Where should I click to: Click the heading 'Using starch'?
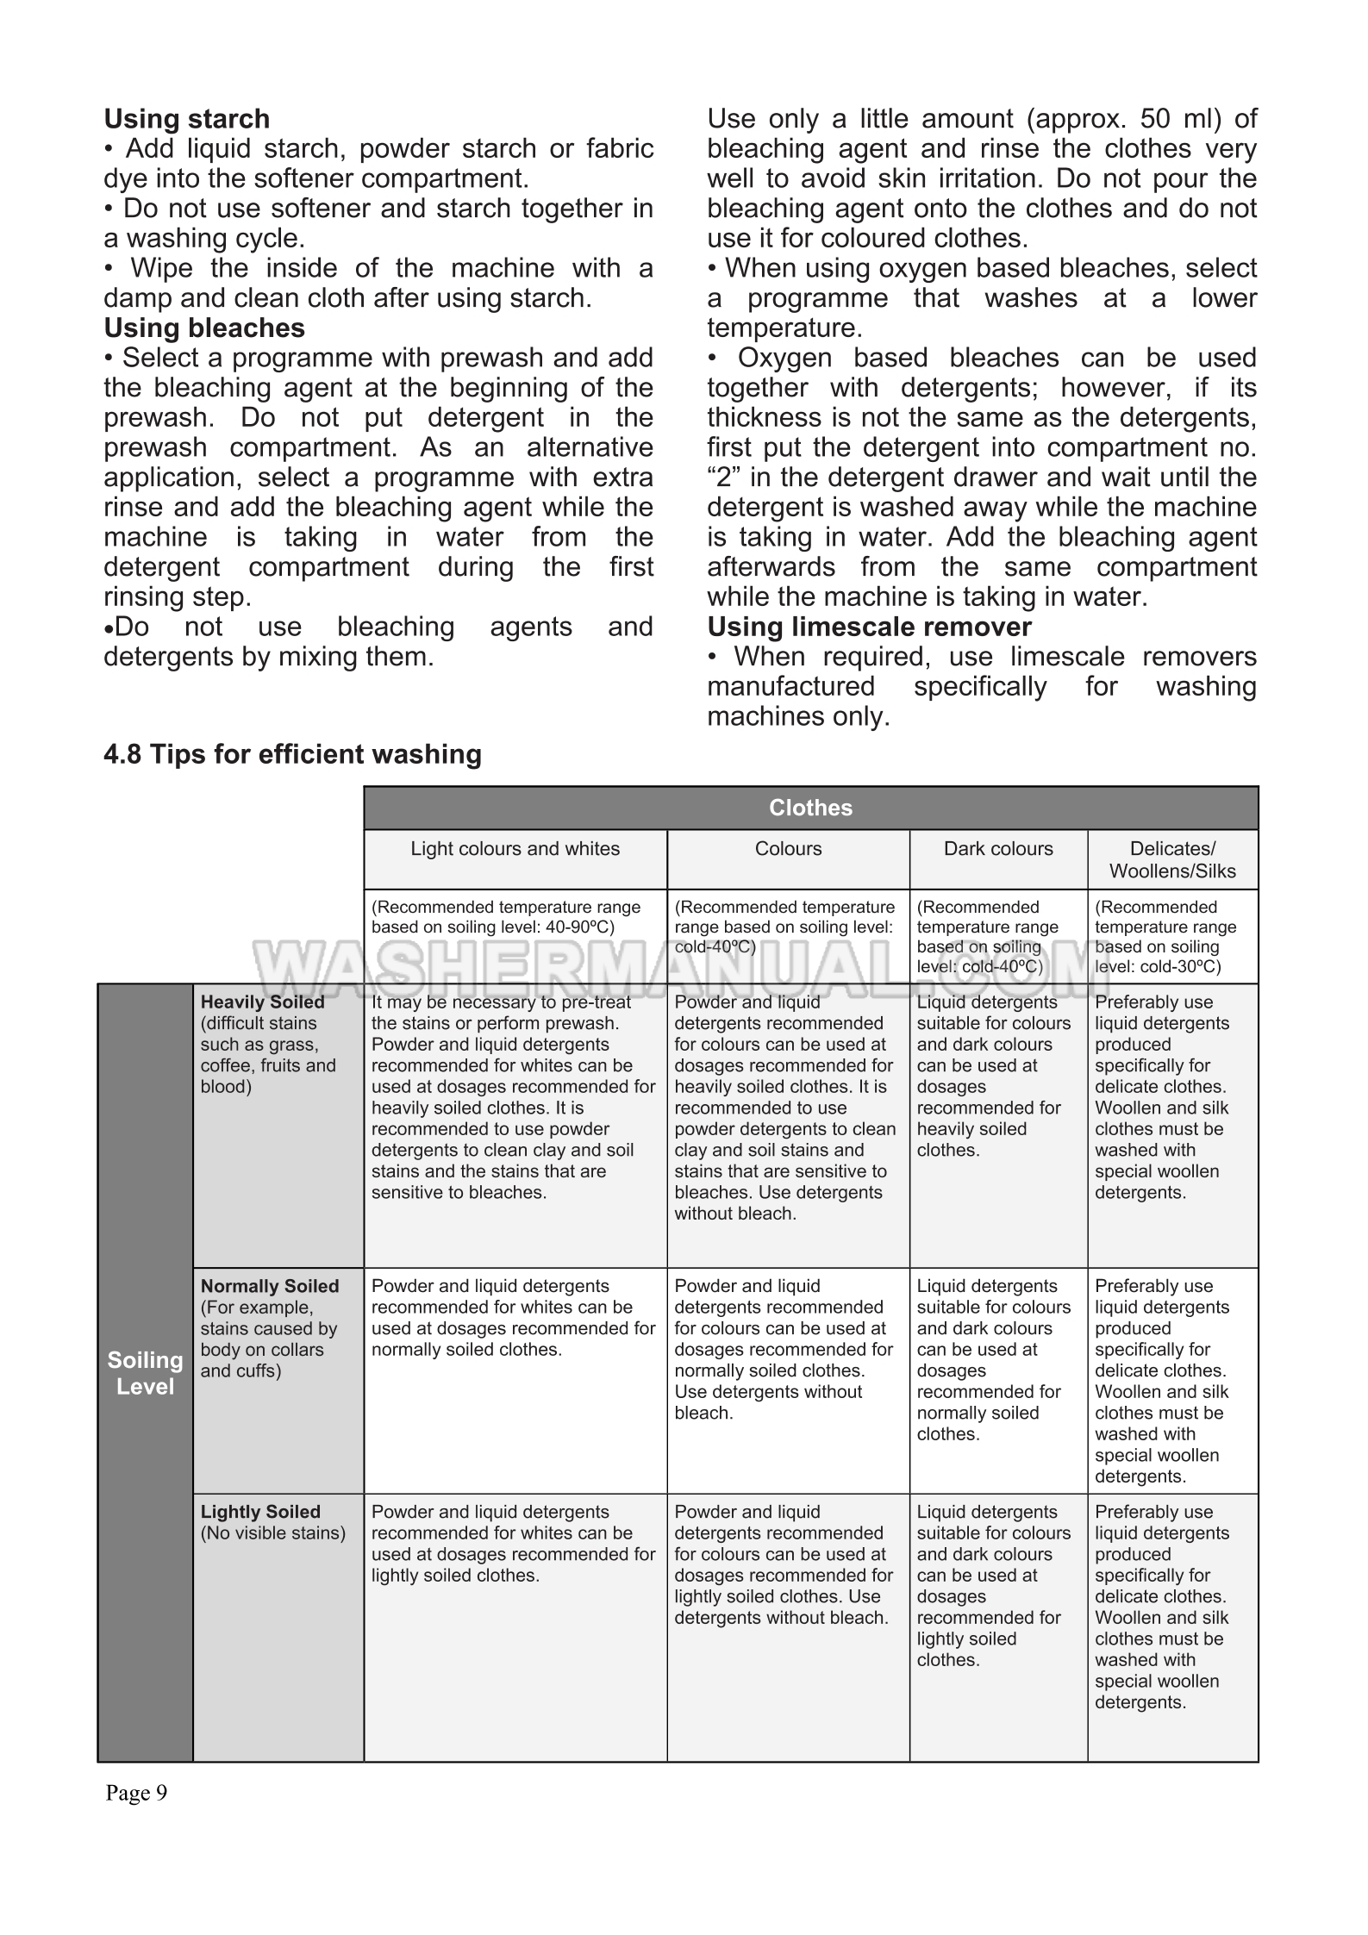186,118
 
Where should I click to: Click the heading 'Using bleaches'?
204,328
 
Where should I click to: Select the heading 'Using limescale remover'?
869,627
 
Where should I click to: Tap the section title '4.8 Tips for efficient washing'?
292,754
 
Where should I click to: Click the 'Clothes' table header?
810,808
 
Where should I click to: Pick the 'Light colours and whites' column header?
515,849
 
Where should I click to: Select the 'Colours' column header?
788,849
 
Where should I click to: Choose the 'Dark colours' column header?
998,849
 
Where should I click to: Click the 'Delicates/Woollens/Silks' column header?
1172,859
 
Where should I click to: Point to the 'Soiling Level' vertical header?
145,1373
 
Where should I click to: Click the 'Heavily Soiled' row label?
263,1002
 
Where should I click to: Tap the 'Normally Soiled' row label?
270,1286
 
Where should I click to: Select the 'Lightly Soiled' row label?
260,1512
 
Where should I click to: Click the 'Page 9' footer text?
136,1794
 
